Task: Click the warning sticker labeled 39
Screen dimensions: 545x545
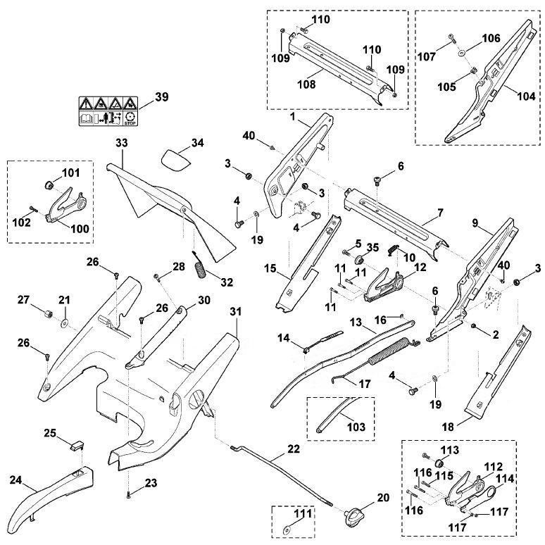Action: tap(108, 111)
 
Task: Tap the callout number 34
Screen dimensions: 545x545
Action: tap(198, 143)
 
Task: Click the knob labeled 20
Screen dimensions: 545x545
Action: tap(354, 513)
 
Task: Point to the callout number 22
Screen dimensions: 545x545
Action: tap(294, 449)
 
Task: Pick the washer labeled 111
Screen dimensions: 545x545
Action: tap(287, 531)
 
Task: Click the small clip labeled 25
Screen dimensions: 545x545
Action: tap(77, 445)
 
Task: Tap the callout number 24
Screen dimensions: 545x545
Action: tap(15, 480)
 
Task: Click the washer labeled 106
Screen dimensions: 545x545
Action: tap(463, 53)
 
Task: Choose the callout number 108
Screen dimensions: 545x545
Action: tap(306, 84)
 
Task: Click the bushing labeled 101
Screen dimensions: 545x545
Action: tap(49, 184)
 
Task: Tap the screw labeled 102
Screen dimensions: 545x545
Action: tap(33, 208)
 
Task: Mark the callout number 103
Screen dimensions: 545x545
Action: tap(356, 427)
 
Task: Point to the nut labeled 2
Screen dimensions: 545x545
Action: tap(473, 326)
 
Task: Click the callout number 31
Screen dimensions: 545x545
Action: tap(236, 312)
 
